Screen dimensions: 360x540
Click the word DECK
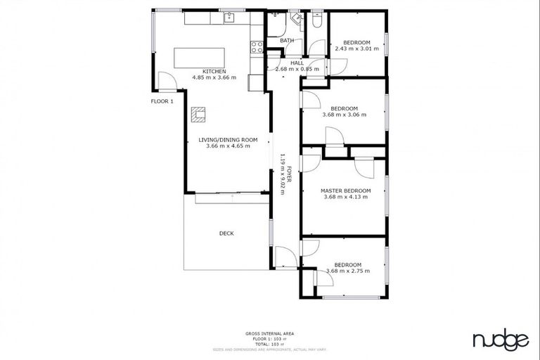coord(226,233)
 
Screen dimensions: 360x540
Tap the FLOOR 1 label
coord(162,101)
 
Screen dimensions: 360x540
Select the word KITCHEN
coord(214,72)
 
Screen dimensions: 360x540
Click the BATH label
coord(286,41)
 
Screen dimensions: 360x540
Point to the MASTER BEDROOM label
coord(345,191)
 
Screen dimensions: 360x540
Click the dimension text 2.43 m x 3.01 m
coord(356,49)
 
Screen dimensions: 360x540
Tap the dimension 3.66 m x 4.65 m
coord(228,146)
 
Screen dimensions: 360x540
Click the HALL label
coord(297,63)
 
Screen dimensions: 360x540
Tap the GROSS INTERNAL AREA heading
coord(269,333)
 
